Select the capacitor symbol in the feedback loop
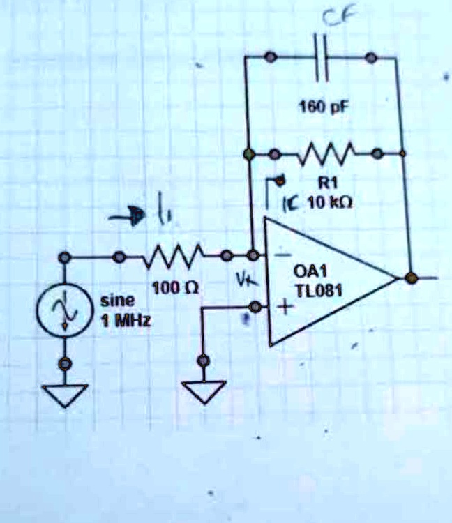pos(320,56)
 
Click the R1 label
pos(327,183)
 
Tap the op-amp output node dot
pos(412,278)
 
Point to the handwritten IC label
pos(292,203)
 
